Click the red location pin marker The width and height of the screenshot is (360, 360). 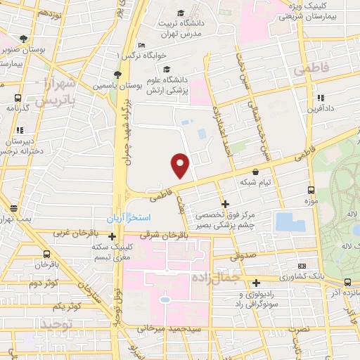[x=181, y=165]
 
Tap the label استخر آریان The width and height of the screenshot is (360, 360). [x=127, y=218]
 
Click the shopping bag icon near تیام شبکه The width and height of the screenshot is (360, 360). [x=255, y=171]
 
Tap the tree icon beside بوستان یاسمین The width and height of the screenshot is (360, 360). [x=117, y=75]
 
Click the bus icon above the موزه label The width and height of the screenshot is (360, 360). [x=311, y=190]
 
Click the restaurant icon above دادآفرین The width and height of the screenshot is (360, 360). [x=321, y=98]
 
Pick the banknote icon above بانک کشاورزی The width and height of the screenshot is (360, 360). [x=302, y=266]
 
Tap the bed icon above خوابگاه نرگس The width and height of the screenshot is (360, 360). [x=142, y=44]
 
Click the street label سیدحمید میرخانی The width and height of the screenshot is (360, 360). [x=191, y=329]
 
